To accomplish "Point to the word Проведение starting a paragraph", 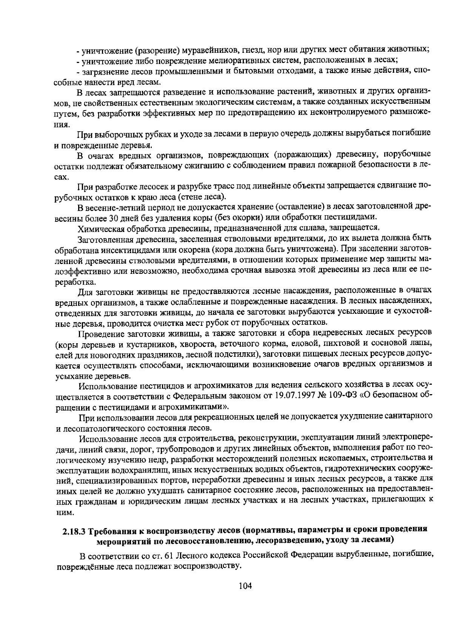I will click(100, 333).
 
